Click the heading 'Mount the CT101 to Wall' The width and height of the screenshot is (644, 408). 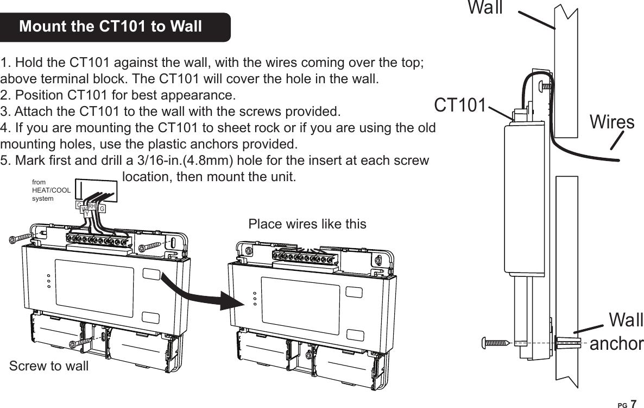pyautogui.click(x=110, y=27)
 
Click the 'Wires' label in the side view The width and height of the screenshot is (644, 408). pyautogui.click(x=612, y=122)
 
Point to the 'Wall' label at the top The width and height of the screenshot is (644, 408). pyautogui.click(x=485, y=8)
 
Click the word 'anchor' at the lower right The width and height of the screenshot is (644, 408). pyautogui.click(x=616, y=343)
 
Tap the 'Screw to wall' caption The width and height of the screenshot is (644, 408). pyautogui.click(x=49, y=366)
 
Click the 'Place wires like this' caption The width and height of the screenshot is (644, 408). pyautogui.click(x=307, y=224)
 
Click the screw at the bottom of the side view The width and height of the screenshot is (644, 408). pyautogui.click(x=494, y=343)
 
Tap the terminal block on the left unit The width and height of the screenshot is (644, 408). pyautogui.click(x=99, y=240)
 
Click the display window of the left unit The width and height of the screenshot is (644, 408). pyautogui.click(x=94, y=288)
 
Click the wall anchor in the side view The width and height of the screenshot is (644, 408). pyautogui.click(x=567, y=343)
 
